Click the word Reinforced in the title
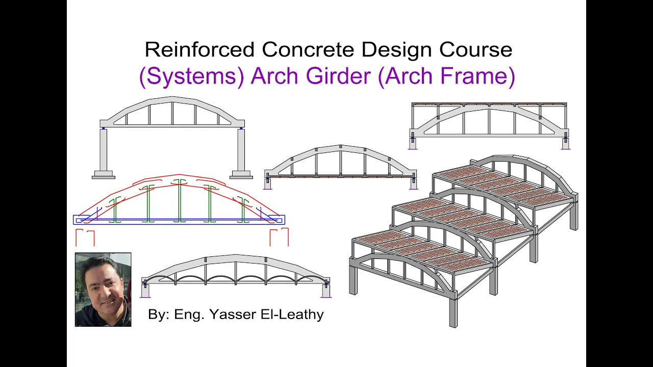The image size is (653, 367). (x=199, y=49)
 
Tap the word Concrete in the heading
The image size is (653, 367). (x=308, y=49)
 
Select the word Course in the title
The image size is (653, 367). (x=476, y=49)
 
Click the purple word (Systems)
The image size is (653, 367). (x=191, y=76)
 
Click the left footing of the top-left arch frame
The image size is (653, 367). (x=104, y=175)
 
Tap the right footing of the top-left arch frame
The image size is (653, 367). (x=241, y=175)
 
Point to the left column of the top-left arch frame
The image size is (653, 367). (x=103, y=150)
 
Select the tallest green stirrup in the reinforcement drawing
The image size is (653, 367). (x=179, y=200)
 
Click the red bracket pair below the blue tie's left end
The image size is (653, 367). (x=85, y=238)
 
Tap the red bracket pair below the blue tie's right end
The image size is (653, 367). (x=279, y=237)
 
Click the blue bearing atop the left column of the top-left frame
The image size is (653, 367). (x=103, y=128)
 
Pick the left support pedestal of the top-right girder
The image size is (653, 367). (x=413, y=143)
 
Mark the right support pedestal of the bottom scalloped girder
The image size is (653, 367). (x=326, y=291)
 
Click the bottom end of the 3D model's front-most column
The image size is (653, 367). (x=454, y=326)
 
